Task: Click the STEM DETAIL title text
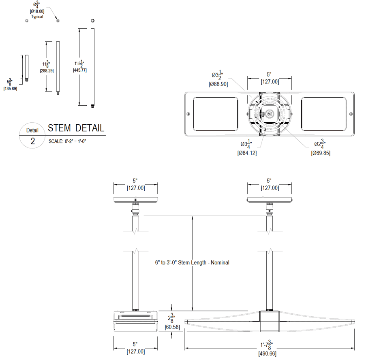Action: pos(76,128)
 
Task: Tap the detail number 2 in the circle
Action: pos(33,141)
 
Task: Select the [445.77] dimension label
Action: pos(79,70)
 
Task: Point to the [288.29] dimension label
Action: pos(47,70)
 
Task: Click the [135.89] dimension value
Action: pos(10,88)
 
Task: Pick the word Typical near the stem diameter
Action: pos(37,17)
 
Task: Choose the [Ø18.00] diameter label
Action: pos(37,12)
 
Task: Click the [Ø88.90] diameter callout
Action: pos(218,84)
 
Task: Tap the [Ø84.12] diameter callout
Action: pos(247,153)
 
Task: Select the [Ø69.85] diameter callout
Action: pos(321,153)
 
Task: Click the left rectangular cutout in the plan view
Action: pos(215,114)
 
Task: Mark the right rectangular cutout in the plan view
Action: pos(324,114)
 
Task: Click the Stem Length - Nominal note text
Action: pos(192,262)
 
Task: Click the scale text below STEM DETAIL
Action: pos(68,141)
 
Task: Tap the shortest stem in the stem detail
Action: pos(26,68)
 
